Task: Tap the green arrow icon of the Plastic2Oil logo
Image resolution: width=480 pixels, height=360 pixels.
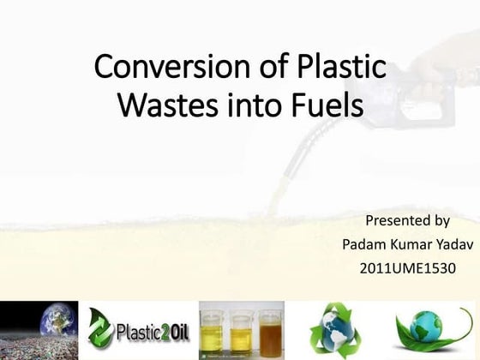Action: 101,329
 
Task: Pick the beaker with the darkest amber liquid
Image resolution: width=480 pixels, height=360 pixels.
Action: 270,333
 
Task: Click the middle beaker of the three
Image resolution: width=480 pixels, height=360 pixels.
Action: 241,333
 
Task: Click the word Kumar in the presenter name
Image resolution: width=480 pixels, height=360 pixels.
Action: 407,244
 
